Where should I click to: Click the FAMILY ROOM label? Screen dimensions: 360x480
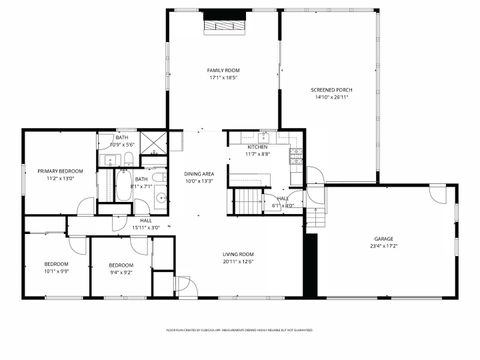223,70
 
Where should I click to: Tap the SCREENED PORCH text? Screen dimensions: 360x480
334,90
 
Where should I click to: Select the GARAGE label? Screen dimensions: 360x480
383,238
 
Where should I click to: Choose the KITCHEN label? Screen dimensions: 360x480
257,147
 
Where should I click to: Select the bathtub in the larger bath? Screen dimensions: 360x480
107,186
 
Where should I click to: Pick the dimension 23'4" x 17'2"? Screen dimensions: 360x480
383,245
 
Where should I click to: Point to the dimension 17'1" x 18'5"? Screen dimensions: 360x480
223,77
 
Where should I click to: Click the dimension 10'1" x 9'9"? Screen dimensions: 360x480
56,271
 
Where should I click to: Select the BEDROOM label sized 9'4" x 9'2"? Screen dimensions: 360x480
121,264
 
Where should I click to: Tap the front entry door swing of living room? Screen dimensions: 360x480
185,286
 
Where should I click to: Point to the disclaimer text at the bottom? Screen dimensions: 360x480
240,329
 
